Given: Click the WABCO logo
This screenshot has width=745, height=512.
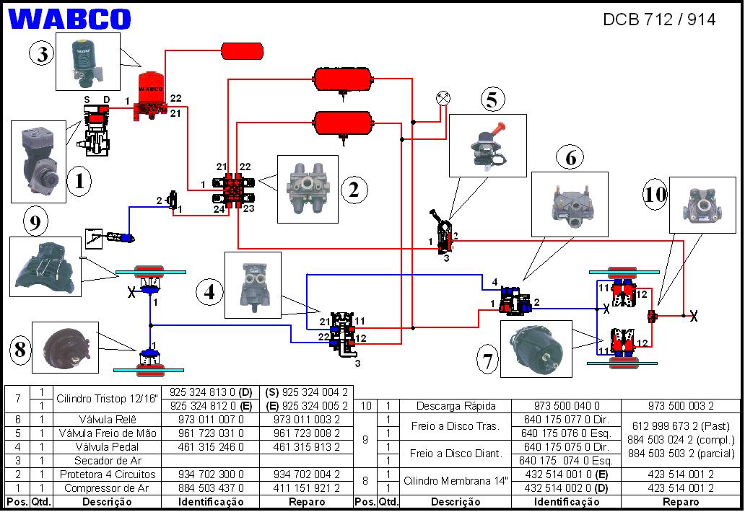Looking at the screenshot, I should (x=71, y=19).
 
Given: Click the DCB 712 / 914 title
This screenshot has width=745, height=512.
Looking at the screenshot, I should (x=658, y=19).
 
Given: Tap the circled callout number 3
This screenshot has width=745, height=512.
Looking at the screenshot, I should (x=43, y=53).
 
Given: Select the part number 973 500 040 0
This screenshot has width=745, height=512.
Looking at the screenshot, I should (x=566, y=406).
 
